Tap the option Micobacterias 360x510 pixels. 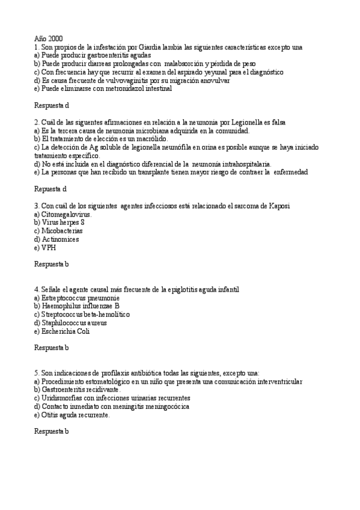click(x=63, y=230)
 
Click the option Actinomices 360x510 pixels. click(x=60, y=239)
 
